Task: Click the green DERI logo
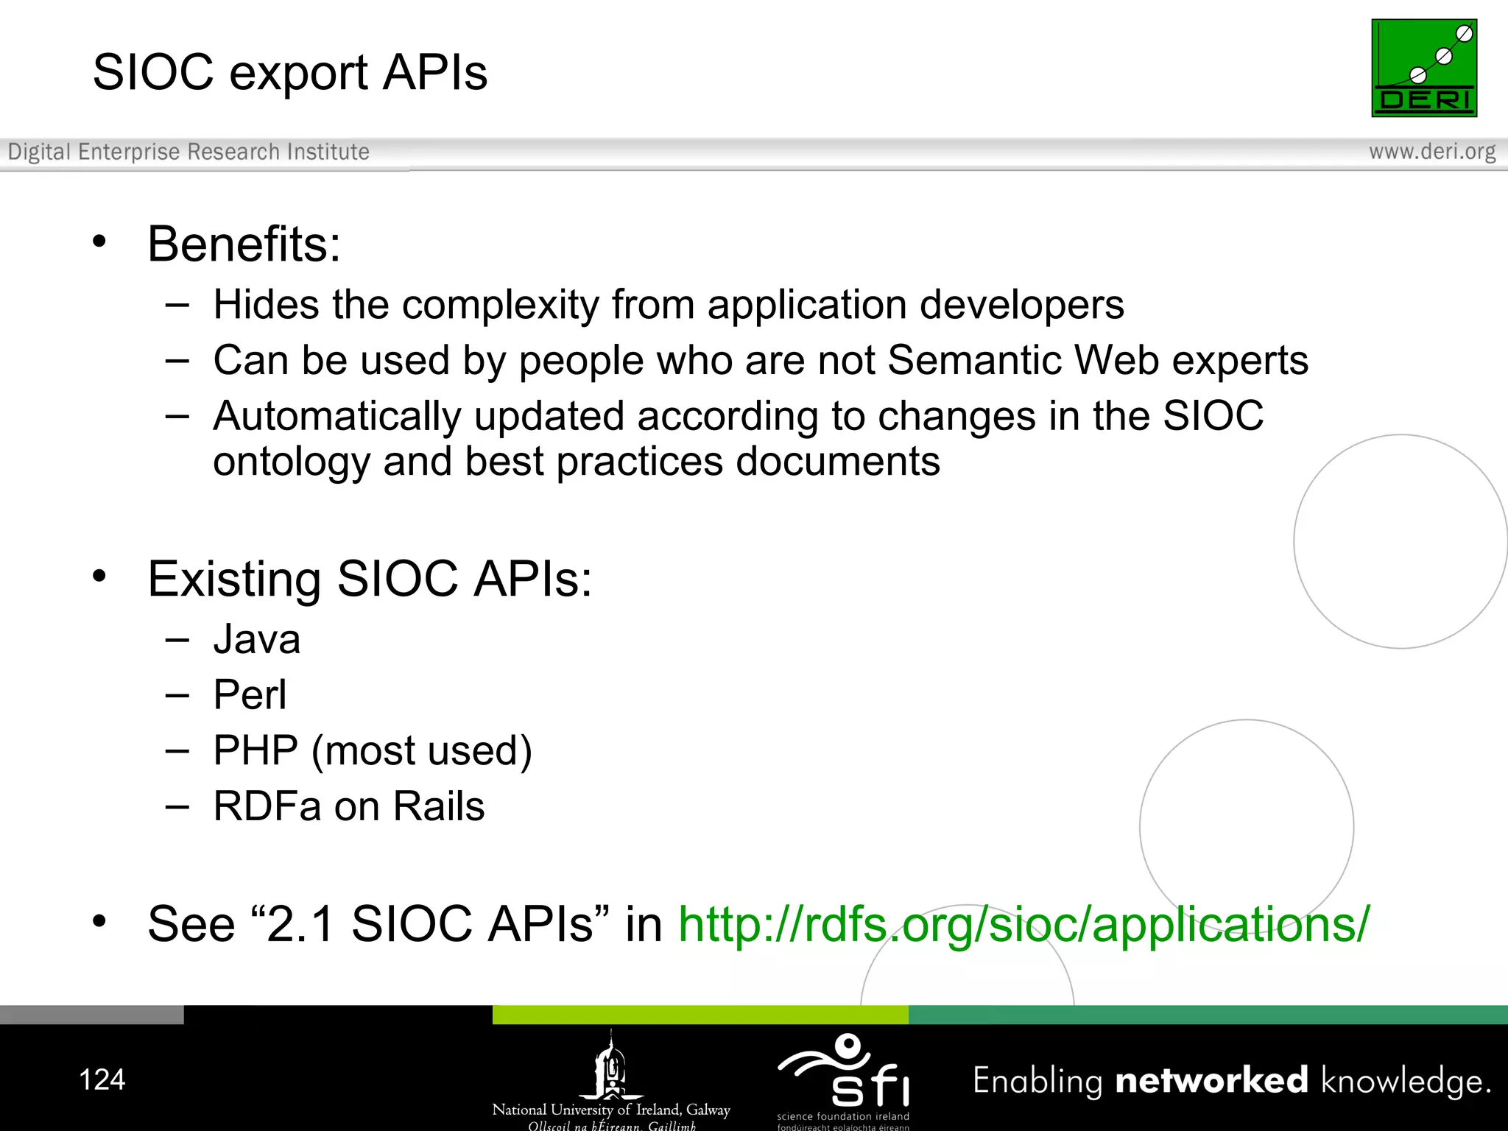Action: coord(1423,68)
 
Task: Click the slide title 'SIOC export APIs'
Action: coord(290,72)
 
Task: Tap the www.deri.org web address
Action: coord(1431,152)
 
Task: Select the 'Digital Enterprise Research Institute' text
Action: coord(188,152)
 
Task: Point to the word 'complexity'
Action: coord(500,305)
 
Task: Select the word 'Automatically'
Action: coord(337,417)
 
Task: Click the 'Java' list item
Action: coord(257,639)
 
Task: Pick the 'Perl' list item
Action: coord(250,694)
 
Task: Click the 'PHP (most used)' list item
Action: coord(372,751)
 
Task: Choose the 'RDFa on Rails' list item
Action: coord(348,806)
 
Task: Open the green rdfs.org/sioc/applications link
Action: coord(1023,923)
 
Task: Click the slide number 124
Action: coord(102,1079)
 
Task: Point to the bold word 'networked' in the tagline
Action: coord(1211,1080)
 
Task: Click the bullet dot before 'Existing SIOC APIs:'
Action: coord(99,576)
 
